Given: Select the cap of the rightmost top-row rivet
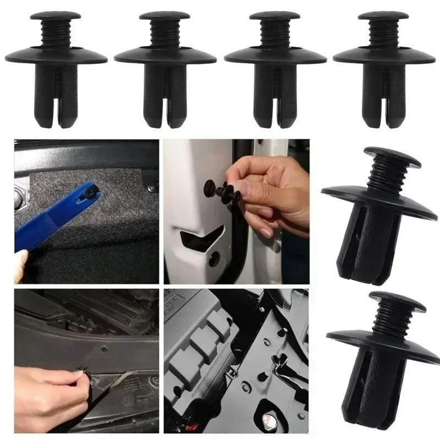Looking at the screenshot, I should (x=383, y=15).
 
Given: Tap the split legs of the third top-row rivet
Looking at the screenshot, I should (x=274, y=99).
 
